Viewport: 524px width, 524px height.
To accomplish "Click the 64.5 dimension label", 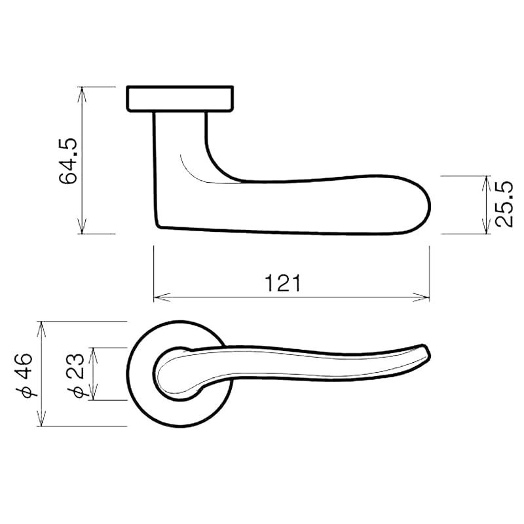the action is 68,160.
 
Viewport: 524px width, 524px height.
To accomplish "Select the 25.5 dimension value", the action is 504,204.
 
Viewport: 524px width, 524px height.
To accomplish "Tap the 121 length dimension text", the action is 283,283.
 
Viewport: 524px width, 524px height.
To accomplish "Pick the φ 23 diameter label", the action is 76,375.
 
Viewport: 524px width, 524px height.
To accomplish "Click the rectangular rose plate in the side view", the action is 179,98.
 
